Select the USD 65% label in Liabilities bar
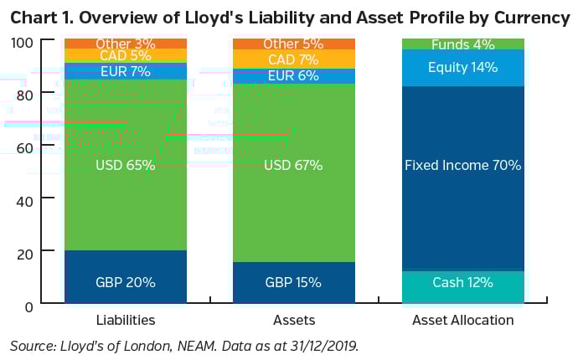[x=125, y=166]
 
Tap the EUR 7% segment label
[x=125, y=72]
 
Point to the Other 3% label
[x=125, y=44]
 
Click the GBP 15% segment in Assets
[x=292, y=282]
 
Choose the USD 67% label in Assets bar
[x=292, y=166]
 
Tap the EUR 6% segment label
[x=292, y=75]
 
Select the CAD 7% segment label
[x=292, y=59]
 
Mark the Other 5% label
[x=292, y=44]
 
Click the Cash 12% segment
[x=462, y=282]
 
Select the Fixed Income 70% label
[x=462, y=166]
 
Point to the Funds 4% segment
[x=462, y=44]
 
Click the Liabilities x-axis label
[x=125, y=320]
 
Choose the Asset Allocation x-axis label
[x=462, y=320]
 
